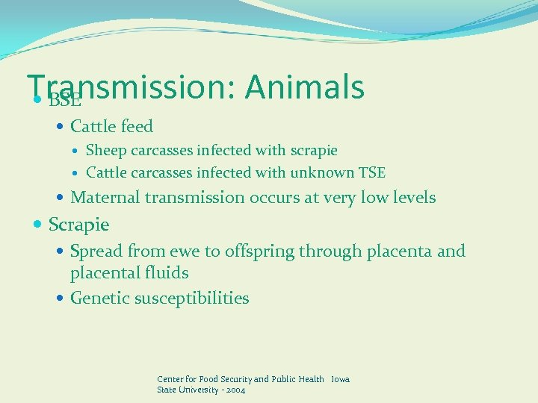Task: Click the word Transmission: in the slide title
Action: (x=131, y=87)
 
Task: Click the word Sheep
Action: (x=107, y=151)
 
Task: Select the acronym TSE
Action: (x=371, y=173)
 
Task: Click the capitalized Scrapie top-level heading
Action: (x=78, y=224)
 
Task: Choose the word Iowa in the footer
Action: (x=340, y=379)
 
